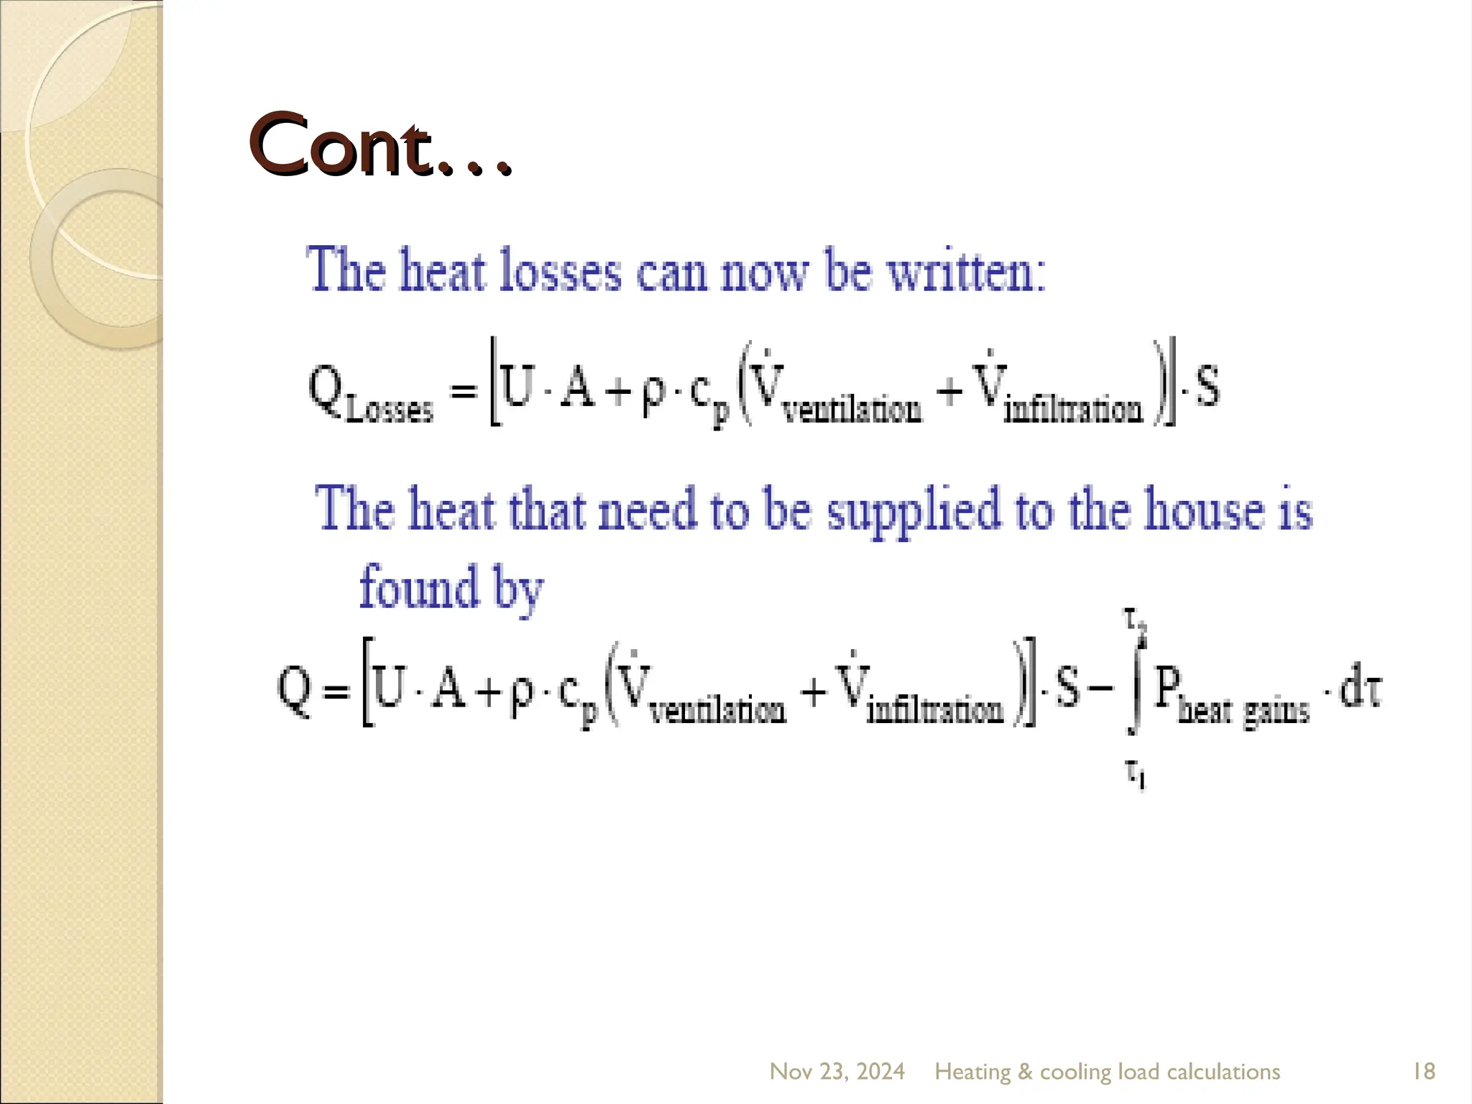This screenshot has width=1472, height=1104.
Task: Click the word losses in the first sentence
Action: [560, 271]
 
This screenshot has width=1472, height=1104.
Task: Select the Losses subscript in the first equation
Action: [390, 410]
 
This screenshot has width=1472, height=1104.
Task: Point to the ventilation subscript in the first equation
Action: [852, 410]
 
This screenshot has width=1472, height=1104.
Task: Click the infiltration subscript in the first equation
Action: [1072, 410]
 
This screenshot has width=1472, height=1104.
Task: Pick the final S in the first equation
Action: [1207, 387]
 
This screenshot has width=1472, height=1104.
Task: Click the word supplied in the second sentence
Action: [914, 510]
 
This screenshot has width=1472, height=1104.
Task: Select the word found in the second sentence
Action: [419, 587]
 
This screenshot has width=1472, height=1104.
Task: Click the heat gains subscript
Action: [1243, 711]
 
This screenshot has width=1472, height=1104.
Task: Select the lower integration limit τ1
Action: [1135, 775]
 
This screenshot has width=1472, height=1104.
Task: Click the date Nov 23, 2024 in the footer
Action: [837, 1072]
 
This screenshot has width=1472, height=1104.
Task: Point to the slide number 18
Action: [1424, 1072]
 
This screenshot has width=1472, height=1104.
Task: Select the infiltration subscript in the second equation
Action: [935, 711]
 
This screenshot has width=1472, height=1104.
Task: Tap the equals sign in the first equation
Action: [464, 391]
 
